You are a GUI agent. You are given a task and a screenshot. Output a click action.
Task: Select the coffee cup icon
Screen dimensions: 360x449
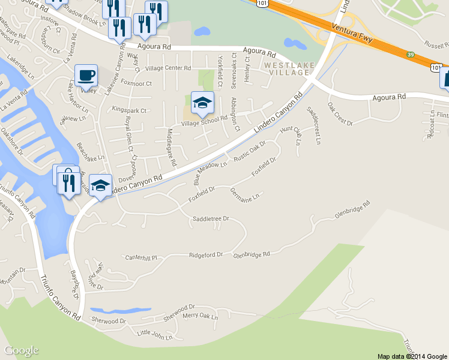86,76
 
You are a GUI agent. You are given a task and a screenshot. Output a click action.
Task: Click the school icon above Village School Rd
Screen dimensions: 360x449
202,102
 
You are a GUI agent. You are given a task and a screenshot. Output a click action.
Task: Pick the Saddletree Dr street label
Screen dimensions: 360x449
211,219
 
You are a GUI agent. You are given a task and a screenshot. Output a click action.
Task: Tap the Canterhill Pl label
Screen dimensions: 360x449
140,257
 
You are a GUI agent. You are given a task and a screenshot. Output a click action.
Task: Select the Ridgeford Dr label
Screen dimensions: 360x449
206,255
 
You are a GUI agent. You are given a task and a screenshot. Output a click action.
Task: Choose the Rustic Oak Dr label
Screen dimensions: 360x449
250,152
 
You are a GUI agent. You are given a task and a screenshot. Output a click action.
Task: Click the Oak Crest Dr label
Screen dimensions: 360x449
340,113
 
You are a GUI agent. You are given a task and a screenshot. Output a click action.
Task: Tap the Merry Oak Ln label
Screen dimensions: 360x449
200,316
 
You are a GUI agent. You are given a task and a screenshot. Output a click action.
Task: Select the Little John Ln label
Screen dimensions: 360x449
154,333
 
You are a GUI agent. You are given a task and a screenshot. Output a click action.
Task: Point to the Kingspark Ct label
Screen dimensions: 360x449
129,110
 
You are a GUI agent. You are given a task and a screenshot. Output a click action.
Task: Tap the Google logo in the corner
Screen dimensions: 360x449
21,350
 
